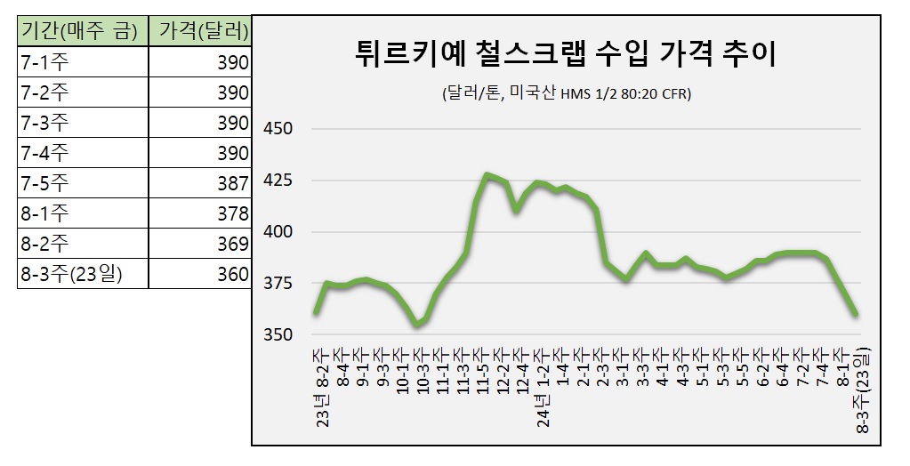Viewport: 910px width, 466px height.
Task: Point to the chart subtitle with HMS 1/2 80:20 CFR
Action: tap(565, 93)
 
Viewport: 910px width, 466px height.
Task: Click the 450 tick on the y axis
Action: tap(278, 129)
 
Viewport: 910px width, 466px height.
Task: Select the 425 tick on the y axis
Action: tap(278, 181)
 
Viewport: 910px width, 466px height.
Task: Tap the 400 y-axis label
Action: tap(278, 232)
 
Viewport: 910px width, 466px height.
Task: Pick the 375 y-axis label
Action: tap(278, 284)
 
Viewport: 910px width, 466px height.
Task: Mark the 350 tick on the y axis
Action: tap(278, 335)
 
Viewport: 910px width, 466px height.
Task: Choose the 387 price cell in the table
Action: tap(232, 183)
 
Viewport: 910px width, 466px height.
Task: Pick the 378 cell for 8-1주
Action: tap(232, 213)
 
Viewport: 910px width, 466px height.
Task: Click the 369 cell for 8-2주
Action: tap(232, 244)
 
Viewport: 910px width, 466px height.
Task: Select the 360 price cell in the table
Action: tap(232, 274)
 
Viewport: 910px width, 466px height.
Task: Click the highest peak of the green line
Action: tap(487, 174)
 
